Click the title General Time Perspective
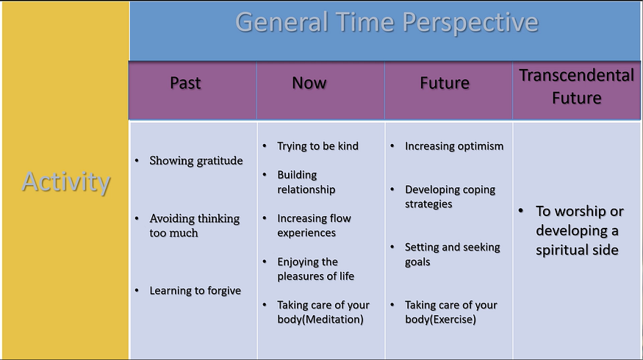(x=387, y=22)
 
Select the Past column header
(x=185, y=83)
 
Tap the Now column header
(x=309, y=83)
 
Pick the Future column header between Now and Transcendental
(x=445, y=83)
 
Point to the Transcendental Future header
(x=577, y=87)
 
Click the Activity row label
(x=66, y=181)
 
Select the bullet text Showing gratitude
(x=196, y=161)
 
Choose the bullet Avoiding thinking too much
(x=195, y=226)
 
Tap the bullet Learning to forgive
(x=195, y=291)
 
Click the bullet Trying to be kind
(x=317, y=146)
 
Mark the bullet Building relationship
(x=306, y=182)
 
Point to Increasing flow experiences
(x=314, y=226)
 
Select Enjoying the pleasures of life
(x=316, y=269)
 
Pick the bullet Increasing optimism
(x=454, y=146)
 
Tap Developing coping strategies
(x=450, y=197)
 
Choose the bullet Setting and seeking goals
(x=453, y=254)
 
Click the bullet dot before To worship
(x=521, y=211)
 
